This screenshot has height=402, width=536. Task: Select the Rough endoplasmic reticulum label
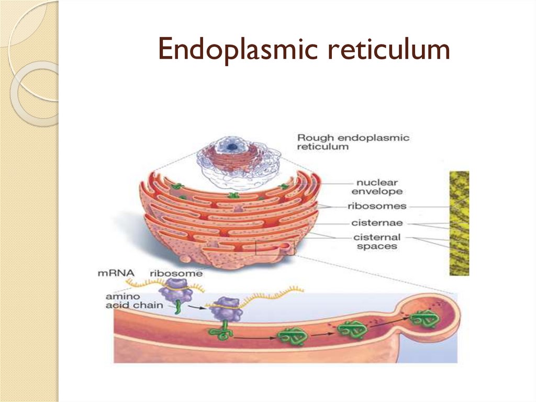(x=353, y=142)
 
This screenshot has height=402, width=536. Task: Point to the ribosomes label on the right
(x=376, y=206)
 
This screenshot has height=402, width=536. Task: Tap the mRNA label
(x=116, y=273)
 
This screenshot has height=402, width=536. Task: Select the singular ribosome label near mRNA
(x=169, y=273)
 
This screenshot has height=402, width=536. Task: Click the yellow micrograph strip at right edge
(x=459, y=223)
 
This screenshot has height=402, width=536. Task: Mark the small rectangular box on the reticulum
(x=275, y=247)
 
